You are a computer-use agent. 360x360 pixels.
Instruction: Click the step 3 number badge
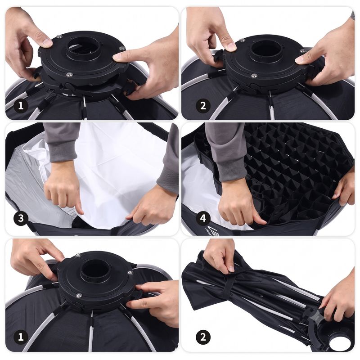pyautogui.click(x=21, y=218)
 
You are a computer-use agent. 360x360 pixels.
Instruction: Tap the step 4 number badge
pyautogui.click(x=203, y=218)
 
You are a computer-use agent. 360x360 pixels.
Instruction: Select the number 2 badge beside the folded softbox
pyautogui.click(x=203, y=337)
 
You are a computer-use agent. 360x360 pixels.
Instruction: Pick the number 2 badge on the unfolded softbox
pyautogui.click(x=203, y=106)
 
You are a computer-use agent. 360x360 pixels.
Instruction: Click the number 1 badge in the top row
pyautogui.click(x=21, y=106)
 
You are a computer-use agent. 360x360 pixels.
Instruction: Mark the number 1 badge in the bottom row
pyautogui.click(x=21, y=337)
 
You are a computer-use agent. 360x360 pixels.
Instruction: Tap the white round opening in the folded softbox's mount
pyautogui.click(x=340, y=342)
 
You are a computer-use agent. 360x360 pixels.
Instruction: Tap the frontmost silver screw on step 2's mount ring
pyautogui.click(x=254, y=76)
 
